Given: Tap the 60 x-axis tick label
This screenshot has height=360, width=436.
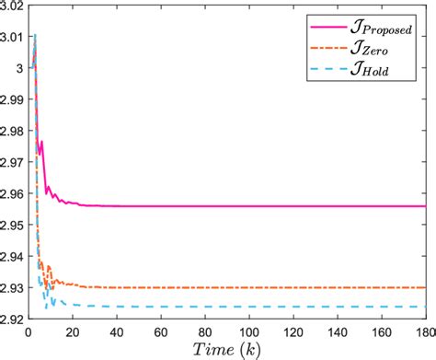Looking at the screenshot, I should point(161,332).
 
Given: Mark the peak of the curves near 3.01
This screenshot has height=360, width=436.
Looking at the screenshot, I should point(34,35).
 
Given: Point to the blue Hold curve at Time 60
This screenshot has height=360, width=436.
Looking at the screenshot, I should point(161,307).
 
